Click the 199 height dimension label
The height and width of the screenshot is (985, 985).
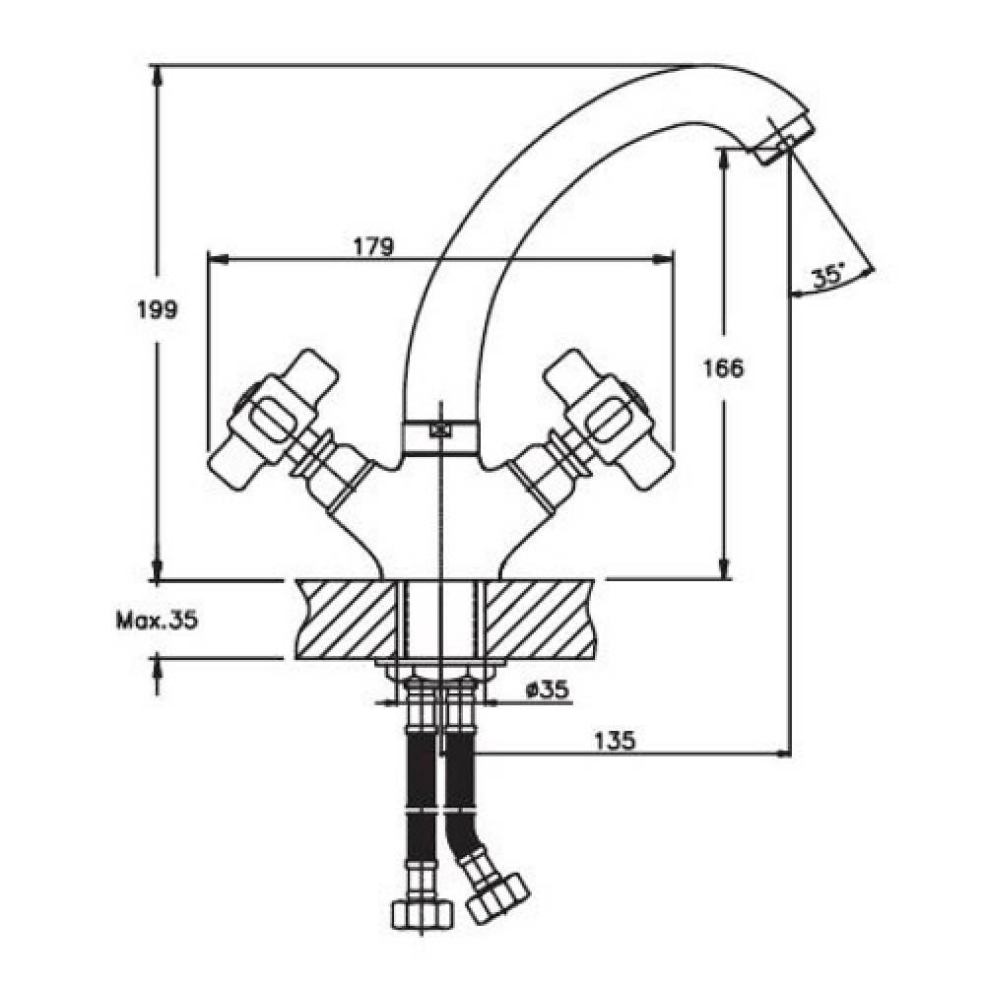[158, 309]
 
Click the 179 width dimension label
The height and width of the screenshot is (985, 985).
[373, 246]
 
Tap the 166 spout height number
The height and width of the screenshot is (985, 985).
[723, 368]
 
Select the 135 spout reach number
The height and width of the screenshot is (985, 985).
[615, 742]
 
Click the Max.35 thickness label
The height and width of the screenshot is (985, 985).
[157, 621]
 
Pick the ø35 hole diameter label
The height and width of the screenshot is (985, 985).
[547, 689]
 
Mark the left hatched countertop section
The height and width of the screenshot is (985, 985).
[349, 620]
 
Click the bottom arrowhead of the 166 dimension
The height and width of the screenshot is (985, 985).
[725, 569]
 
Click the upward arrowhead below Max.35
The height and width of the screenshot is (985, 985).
[157, 669]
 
